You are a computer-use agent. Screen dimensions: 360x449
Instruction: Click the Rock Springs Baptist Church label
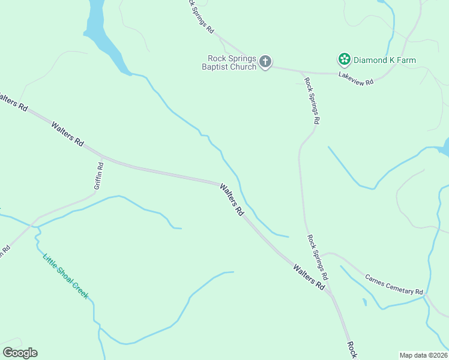[x=232, y=62]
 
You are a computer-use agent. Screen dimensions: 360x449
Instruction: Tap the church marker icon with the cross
[x=265, y=61]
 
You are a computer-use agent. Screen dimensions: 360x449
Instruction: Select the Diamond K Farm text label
[x=384, y=60]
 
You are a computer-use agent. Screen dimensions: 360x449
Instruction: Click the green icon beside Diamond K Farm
[x=344, y=59]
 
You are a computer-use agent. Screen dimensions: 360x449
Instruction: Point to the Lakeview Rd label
[x=356, y=78]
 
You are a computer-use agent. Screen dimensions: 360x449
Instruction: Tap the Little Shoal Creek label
[x=65, y=277]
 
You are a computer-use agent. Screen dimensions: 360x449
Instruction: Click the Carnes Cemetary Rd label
[x=393, y=283]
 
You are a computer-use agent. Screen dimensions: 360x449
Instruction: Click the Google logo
[x=20, y=353]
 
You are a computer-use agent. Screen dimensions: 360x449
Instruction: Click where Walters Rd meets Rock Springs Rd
[x=331, y=293]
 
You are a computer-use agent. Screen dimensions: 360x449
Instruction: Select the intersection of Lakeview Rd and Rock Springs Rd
[x=300, y=71]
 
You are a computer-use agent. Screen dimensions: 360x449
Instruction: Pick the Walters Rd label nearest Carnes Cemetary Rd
[x=309, y=276]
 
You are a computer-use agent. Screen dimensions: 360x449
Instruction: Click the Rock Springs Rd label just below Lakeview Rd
[x=312, y=101]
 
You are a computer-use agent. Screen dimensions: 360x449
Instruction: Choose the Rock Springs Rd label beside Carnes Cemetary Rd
[x=318, y=258]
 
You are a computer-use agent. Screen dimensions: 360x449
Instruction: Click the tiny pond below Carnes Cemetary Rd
[x=364, y=302]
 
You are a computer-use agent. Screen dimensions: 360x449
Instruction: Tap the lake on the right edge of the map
[x=445, y=147]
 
